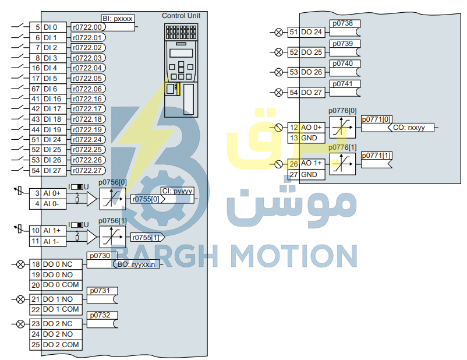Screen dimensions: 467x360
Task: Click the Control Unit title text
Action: coord(181,16)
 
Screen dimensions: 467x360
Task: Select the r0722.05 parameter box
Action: coord(88,79)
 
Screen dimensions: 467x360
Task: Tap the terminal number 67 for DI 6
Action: coord(36,89)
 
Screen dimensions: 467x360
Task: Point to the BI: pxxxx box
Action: coord(118,19)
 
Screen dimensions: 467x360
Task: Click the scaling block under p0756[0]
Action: coord(112,199)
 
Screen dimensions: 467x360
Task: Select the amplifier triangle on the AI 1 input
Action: coord(92,237)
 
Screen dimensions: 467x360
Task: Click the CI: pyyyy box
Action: coord(177,191)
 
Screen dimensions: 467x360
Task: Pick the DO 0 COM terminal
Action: coord(61,285)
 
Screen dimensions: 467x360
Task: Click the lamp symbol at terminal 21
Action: coord(20,299)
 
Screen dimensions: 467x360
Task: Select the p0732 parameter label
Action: coord(100,315)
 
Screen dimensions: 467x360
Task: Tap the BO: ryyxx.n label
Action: coord(136,264)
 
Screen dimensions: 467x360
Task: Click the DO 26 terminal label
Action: coord(312,72)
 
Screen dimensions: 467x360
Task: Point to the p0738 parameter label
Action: coord(343,23)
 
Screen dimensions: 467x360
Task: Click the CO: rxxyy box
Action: coord(411,128)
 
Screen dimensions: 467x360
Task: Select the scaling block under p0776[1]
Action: coord(342,164)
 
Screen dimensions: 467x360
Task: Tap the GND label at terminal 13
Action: coord(309,138)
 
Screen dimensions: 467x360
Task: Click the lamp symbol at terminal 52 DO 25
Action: coord(278,52)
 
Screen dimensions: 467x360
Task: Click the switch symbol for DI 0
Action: coord(17,26)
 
